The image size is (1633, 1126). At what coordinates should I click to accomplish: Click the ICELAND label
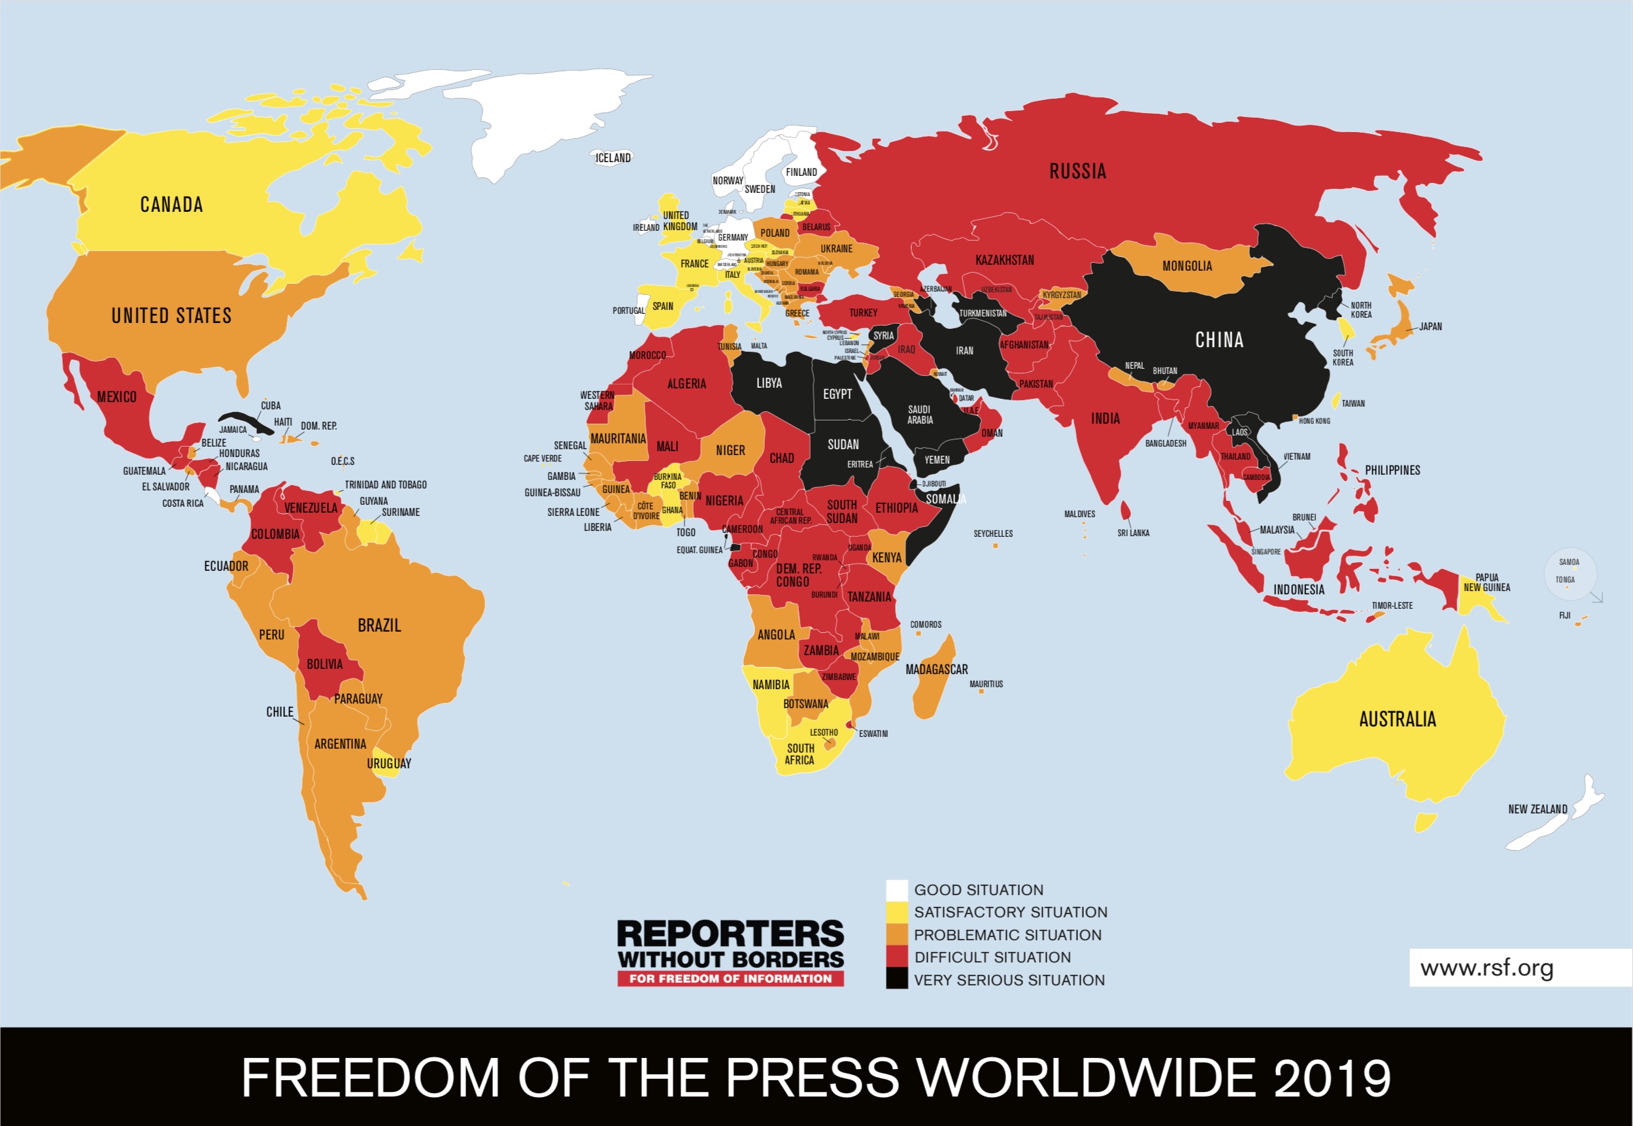coord(613,158)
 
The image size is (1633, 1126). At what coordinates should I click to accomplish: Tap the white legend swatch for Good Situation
coord(896,890)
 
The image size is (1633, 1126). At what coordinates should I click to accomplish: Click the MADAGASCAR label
coord(936,669)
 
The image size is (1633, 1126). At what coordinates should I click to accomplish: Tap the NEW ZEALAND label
coord(1537,810)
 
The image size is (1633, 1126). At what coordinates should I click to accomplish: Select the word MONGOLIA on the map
coord(1187,266)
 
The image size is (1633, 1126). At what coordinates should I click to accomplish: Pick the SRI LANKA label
coord(1133,533)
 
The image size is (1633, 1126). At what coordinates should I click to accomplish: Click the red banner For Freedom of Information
coord(730,978)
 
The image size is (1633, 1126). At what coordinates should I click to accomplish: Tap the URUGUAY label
coord(389,763)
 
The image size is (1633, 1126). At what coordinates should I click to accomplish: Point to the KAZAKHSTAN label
coord(1005,260)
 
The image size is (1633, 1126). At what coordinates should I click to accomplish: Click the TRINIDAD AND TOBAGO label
coord(385,485)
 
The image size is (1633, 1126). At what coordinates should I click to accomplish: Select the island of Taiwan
coord(1336,401)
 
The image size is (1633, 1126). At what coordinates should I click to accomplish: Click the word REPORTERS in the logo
coord(730,934)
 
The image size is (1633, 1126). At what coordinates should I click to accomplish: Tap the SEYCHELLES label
coord(992,534)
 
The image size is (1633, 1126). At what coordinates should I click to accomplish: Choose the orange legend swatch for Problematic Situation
coord(896,935)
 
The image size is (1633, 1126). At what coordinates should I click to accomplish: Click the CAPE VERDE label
coord(543,458)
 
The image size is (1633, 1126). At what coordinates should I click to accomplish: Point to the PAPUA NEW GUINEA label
coord(1487,582)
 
